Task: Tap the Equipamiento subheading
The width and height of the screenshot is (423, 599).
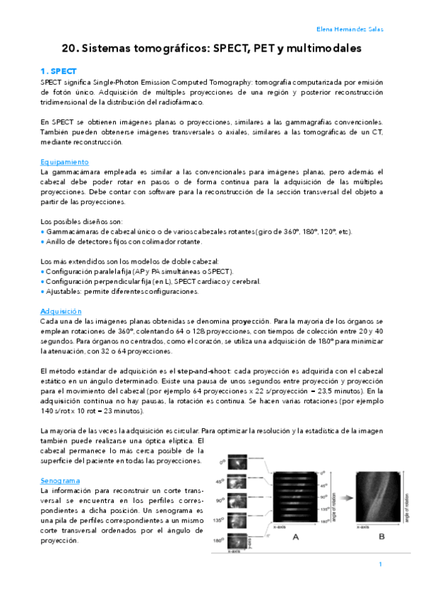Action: (64, 162)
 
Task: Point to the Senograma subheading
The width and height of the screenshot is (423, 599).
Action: (61, 480)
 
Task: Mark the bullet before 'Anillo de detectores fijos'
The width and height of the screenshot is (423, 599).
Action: (43, 242)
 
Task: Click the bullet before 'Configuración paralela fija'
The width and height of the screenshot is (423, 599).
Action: (43, 272)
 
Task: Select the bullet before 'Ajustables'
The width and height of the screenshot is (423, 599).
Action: (43, 292)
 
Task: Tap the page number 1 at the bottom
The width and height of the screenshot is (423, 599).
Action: (380, 564)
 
